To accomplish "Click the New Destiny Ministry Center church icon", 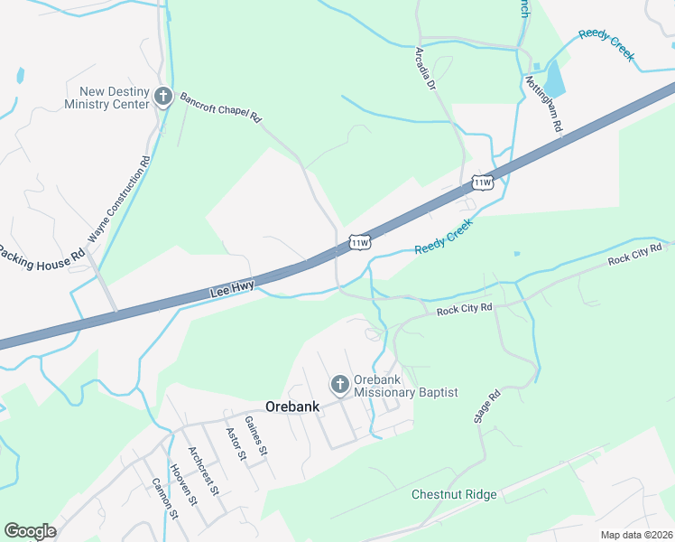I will pyautogui.click(x=163, y=97).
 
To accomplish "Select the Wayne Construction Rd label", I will pyautogui.click(x=119, y=201).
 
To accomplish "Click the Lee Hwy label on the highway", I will pyautogui.click(x=232, y=289).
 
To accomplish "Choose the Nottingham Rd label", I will pyautogui.click(x=544, y=104).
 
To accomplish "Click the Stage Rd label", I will pyautogui.click(x=487, y=407).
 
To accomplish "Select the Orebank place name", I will pyautogui.click(x=292, y=406).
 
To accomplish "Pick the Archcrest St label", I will pyautogui.click(x=203, y=471).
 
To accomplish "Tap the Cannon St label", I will pyautogui.click(x=166, y=498).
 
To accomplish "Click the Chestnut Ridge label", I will pyautogui.click(x=454, y=494).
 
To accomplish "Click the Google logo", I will pyautogui.click(x=30, y=531).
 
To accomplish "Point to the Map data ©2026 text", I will pyautogui.click(x=636, y=535).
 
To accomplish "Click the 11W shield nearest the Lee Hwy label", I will pyautogui.click(x=359, y=242).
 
